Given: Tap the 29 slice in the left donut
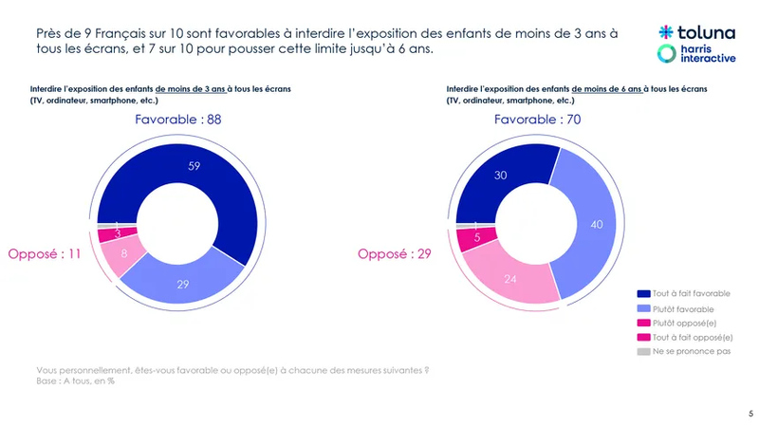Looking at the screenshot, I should tap(182, 285).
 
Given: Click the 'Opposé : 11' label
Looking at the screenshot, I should tap(44, 253).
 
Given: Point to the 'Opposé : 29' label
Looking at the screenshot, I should tap(395, 253).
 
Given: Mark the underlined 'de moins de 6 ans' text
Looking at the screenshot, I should tap(606, 88).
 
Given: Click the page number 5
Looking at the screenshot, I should tap(750, 413).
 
